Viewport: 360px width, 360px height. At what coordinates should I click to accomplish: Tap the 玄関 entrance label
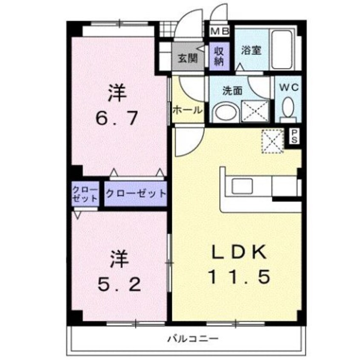point(187,59)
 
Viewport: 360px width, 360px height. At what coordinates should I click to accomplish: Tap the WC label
point(289,88)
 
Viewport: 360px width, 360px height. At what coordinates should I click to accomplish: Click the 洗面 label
point(232,90)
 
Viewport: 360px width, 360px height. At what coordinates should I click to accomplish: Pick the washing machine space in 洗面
point(255,112)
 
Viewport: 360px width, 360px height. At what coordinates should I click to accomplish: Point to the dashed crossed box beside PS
point(272,141)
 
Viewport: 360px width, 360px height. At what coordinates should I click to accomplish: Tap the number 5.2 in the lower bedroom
point(119,283)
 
